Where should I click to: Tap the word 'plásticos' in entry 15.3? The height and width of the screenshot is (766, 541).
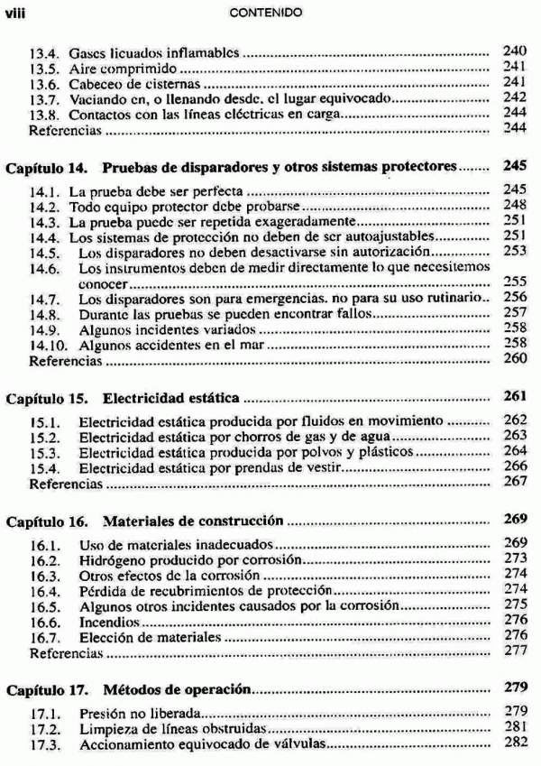(384, 451)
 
